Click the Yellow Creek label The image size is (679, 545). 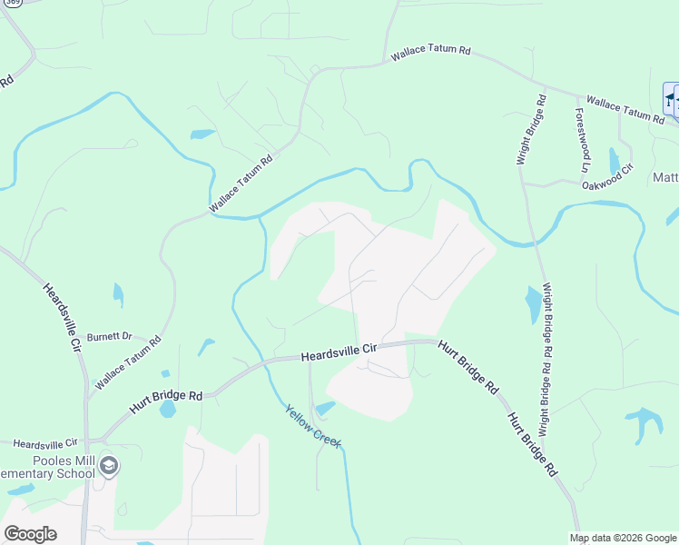313,425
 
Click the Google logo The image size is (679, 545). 30,534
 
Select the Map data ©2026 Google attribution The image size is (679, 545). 624,538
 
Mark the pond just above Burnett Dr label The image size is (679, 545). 117,294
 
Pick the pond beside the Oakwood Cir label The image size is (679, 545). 615,160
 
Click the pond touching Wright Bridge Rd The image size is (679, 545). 534,304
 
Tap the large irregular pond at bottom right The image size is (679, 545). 644,421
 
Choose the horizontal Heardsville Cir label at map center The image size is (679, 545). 339,353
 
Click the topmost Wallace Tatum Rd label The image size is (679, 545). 430,54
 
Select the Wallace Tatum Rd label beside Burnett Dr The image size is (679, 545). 128,362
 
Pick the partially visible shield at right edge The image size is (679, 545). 672,99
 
